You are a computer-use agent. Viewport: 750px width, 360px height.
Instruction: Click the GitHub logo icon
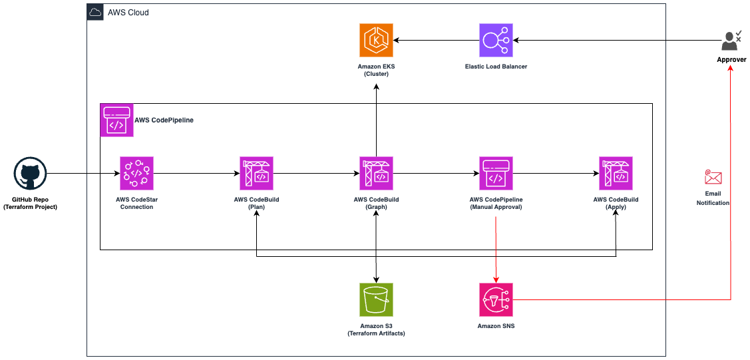tap(30, 174)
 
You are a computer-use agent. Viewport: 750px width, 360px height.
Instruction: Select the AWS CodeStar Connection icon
tap(136, 173)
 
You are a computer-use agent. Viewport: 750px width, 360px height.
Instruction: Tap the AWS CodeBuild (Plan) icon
tap(256, 173)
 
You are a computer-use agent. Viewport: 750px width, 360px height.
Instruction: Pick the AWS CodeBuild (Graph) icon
tap(376, 173)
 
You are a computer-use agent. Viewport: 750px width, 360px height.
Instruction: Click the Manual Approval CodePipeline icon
tap(496, 173)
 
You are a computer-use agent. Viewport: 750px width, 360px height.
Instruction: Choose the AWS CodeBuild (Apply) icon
tap(616, 173)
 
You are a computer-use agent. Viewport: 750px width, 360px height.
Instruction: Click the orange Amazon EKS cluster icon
tap(376, 40)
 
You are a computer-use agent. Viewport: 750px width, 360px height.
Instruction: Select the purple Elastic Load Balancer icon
tap(496, 40)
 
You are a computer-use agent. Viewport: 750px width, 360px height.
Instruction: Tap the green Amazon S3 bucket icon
tap(376, 299)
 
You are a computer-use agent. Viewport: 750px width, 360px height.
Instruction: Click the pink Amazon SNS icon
tap(496, 299)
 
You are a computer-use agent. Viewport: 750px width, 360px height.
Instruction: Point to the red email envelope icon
tap(713, 177)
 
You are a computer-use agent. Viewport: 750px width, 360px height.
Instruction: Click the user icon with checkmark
tap(731, 41)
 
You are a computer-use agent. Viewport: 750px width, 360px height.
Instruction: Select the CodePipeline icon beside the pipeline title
tap(116, 120)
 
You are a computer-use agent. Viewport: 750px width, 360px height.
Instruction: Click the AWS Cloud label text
tap(128, 13)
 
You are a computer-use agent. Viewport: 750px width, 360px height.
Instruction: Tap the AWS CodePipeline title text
tap(164, 120)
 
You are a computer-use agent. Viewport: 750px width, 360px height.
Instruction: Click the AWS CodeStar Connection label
tap(136, 203)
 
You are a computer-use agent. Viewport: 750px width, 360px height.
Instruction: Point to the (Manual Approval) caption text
tap(496, 207)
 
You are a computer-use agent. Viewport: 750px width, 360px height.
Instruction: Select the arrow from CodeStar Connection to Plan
tap(196, 173)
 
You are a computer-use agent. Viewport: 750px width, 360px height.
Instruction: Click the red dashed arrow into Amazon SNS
tap(496, 253)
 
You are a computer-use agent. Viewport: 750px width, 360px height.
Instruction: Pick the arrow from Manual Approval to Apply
tap(556, 173)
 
